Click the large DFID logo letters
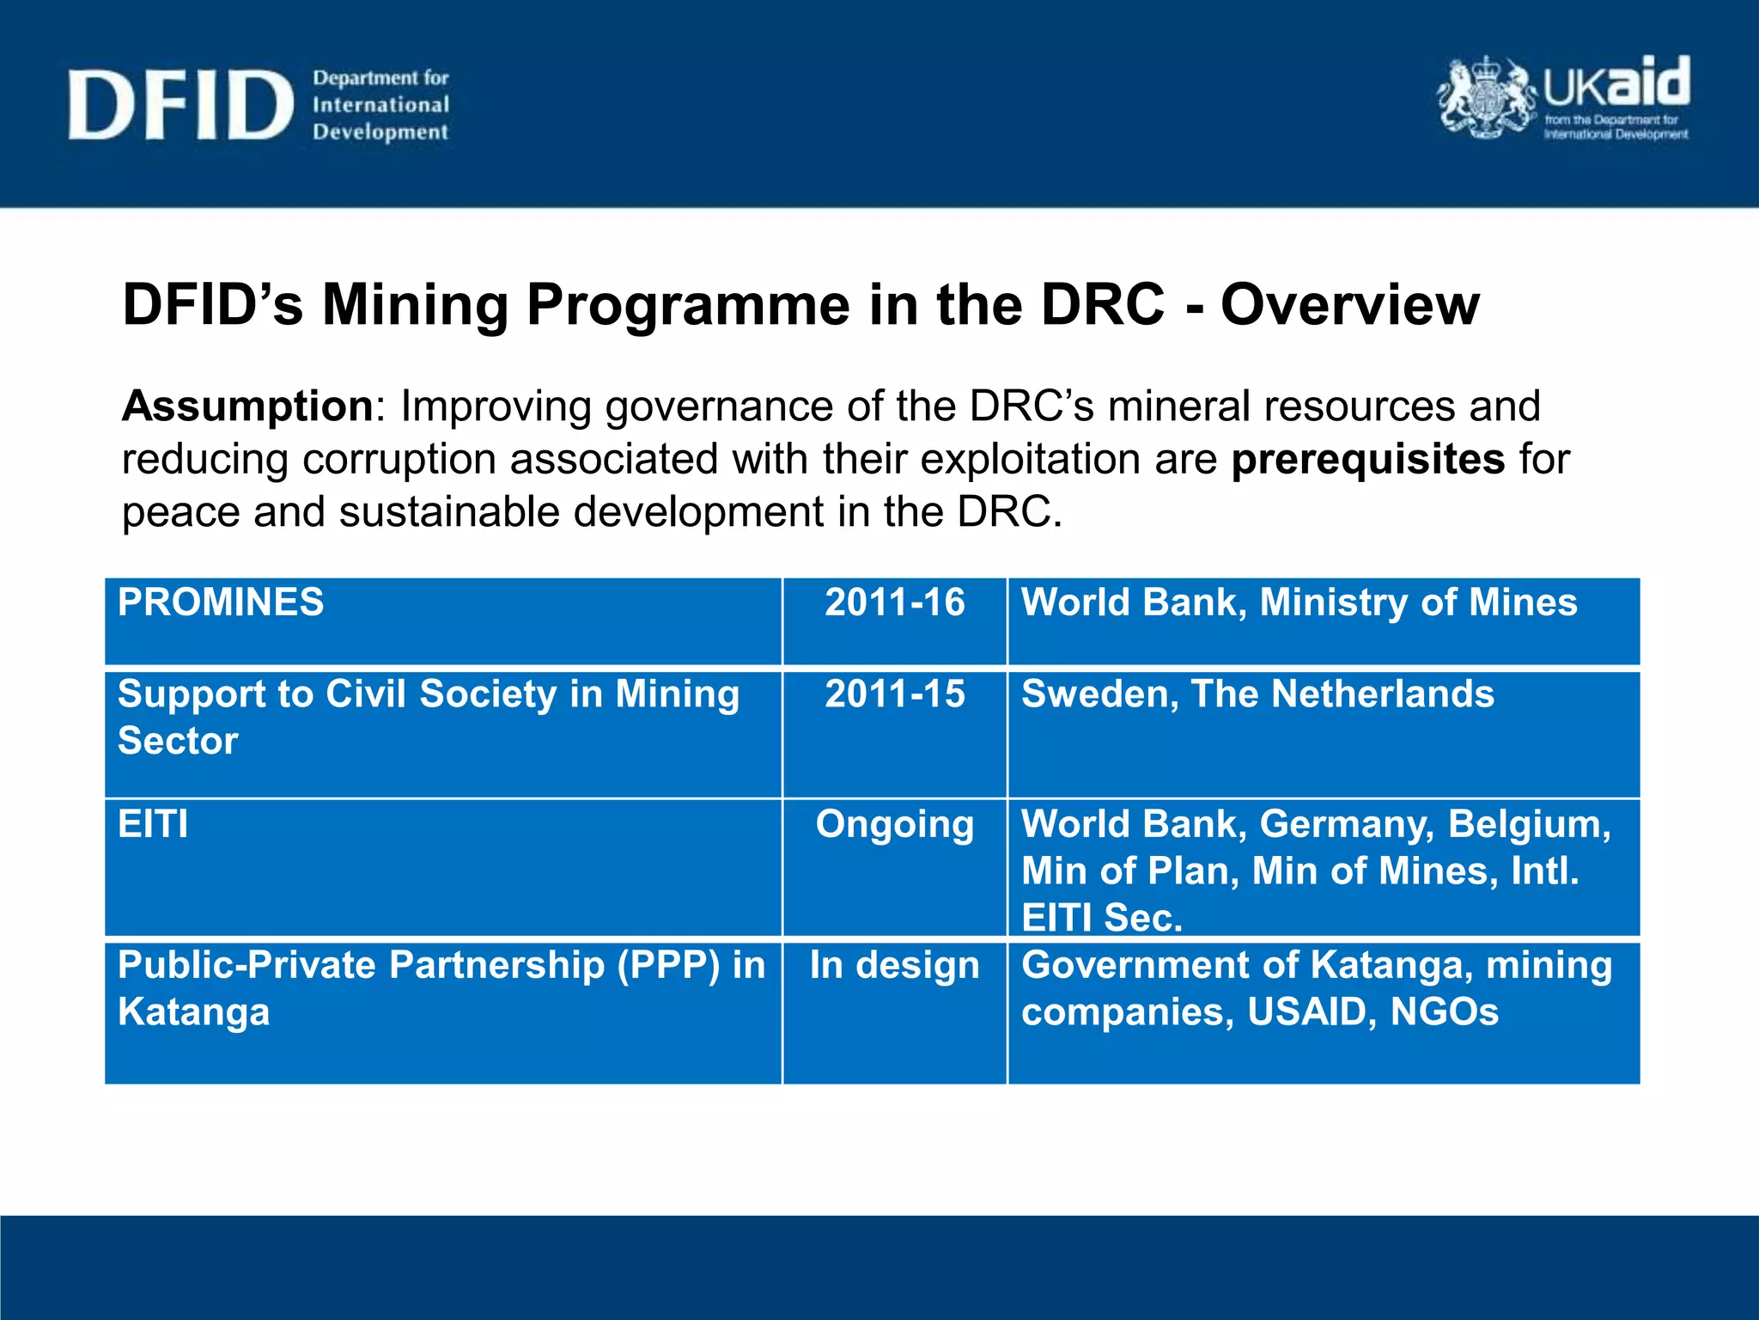180,105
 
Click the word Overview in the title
1350,305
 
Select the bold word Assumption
247,406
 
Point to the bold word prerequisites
1367,459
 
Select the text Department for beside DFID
380,78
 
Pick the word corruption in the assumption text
399,460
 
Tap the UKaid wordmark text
1616,84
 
